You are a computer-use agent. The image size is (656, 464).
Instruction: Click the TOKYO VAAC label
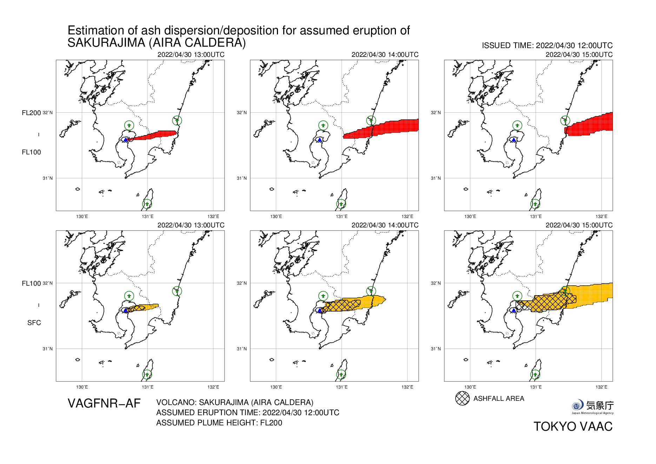573,426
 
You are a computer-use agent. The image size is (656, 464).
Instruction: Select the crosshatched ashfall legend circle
462,398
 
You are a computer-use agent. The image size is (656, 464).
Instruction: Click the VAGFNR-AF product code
104,404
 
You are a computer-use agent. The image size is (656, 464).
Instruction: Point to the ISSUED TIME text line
547,46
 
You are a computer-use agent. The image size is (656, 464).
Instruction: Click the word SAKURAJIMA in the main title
106,43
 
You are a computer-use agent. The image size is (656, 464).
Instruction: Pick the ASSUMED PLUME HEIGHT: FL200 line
219,423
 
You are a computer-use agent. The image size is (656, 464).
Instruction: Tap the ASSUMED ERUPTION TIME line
247,412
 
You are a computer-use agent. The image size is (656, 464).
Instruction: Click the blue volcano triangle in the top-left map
125,140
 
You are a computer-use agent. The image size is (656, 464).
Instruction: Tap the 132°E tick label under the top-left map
213,217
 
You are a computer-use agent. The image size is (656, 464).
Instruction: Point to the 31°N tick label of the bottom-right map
436,349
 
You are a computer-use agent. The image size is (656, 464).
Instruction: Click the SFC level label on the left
34,323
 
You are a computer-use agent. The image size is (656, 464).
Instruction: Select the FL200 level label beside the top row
31,113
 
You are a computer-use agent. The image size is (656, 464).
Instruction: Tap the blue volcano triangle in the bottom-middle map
319,310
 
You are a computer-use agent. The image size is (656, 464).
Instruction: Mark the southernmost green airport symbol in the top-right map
535,204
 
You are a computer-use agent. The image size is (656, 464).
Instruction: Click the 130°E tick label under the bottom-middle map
276,387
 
